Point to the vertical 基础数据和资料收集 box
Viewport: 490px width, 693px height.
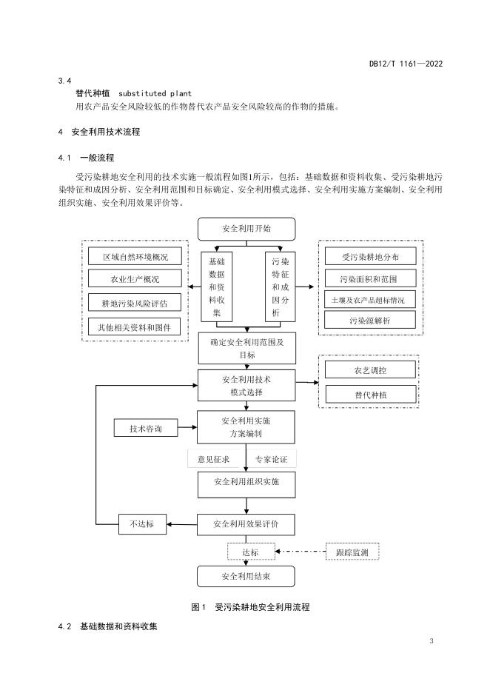click(x=217, y=287)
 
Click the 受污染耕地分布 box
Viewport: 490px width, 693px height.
click(x=370, y=256)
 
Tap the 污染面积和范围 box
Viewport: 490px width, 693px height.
click(x=370, y=278)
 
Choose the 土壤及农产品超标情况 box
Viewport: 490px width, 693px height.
click(x=370, y=300)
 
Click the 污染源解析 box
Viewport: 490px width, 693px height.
click(x=370, y=321)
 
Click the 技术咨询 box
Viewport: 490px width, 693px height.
click(x=145, y=429)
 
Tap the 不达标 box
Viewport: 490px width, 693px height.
click(x=143, y=524)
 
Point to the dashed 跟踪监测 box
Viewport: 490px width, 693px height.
click(x=357, y=552)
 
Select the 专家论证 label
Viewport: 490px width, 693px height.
click(x=272, y=460)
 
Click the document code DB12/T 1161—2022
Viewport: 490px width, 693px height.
click(x=406, y=64)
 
